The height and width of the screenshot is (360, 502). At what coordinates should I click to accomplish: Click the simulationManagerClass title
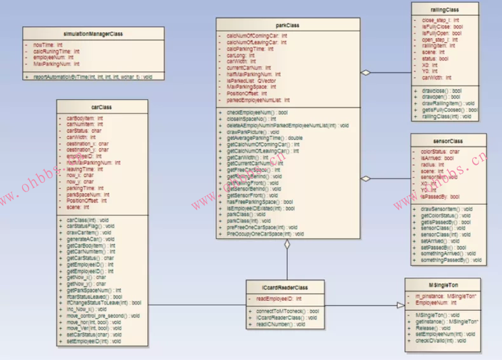point(93,33)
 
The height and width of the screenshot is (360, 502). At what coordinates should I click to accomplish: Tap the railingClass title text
point(444,10)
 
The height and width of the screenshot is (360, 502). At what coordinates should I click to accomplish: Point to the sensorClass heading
point(447,141)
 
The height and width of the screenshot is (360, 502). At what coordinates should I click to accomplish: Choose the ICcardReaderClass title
point(285,287)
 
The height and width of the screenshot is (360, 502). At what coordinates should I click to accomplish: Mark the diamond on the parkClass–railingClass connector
point(365,73)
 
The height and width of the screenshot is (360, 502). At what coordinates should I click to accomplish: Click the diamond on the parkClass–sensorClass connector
point(365,178)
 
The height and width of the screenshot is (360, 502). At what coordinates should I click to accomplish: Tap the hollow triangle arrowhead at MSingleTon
point(400,305)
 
